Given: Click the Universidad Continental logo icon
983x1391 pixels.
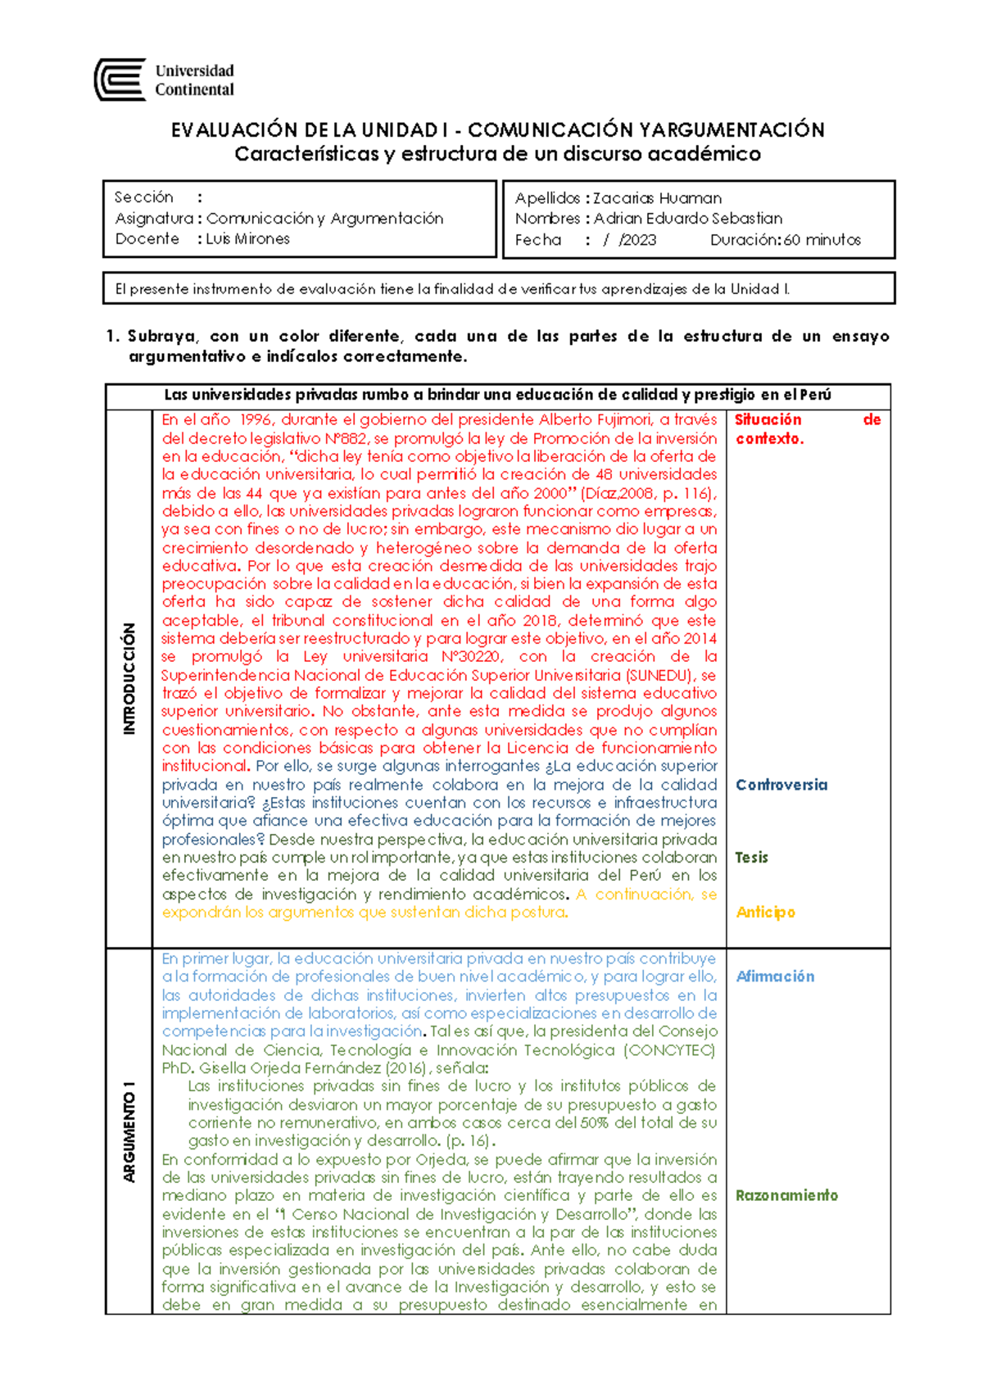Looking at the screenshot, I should tap(120, 80).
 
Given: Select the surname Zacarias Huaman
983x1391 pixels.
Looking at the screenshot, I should tap(657, 198).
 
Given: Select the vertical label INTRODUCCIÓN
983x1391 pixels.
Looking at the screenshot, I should tap(129, 678).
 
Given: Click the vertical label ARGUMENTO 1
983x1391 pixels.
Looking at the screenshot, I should tap(129, 1131).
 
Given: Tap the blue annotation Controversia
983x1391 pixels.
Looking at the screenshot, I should tap(781, 785).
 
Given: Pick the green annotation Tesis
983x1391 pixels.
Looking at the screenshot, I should tap(751, 858).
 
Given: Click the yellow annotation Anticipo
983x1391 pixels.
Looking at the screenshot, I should tap(765, 913).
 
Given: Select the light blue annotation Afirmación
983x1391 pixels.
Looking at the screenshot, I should tap(775, 976).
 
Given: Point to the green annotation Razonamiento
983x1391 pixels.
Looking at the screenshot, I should tap(786, 1195).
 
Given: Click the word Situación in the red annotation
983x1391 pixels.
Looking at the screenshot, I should tap(768, 419).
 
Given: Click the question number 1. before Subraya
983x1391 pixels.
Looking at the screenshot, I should tap(113, 336).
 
